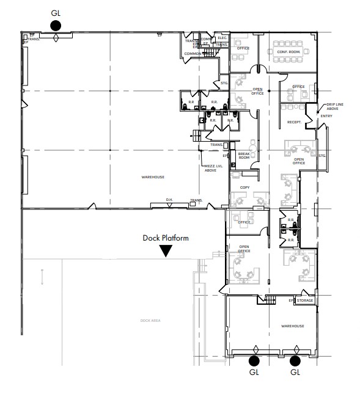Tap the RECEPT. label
click(x=293, y=122)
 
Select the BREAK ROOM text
click(x=244, y=156)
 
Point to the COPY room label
click(x=244, y=187)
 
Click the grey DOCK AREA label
click(x=149, y=320)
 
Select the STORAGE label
click(x=305, y=300)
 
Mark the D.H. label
click(x=170, y=200)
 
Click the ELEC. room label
click(x=222, y=38)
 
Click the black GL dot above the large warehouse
click(x=56, y=25)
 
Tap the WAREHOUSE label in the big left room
click(x=153, y=177)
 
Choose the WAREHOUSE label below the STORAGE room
click(x=293, y=326)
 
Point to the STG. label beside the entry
click(x=322, y=156)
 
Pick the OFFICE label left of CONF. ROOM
click(x=243, y=48)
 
